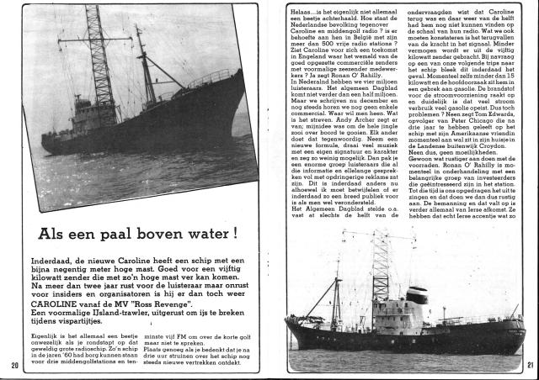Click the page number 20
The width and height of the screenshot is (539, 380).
pyautogui.click(x=16, y=365)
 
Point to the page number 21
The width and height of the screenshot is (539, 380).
pyautogui.click(x=527, y=364)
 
